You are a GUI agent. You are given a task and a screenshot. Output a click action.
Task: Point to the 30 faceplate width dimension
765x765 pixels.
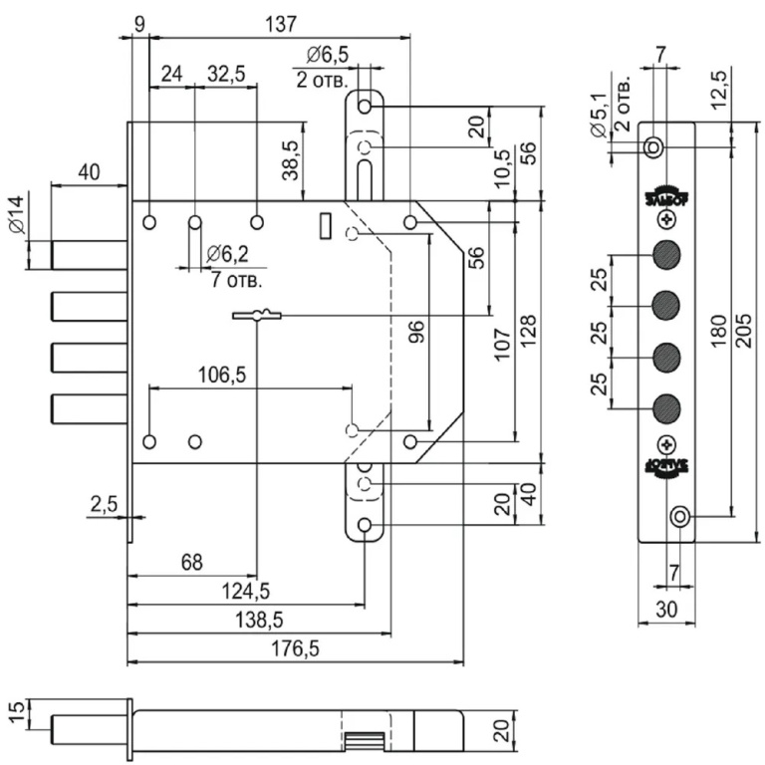665,608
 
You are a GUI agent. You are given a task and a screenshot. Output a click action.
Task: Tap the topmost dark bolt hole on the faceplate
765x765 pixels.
665,255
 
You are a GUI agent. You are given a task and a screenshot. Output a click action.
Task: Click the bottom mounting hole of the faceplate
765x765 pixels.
680,516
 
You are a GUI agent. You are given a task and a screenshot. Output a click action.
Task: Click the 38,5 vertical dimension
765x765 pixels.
290,159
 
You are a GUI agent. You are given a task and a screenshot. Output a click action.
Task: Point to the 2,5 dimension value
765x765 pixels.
104,504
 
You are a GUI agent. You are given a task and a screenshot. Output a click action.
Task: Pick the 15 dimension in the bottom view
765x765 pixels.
12,712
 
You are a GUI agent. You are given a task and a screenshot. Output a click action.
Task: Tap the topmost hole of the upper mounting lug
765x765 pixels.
366,105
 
